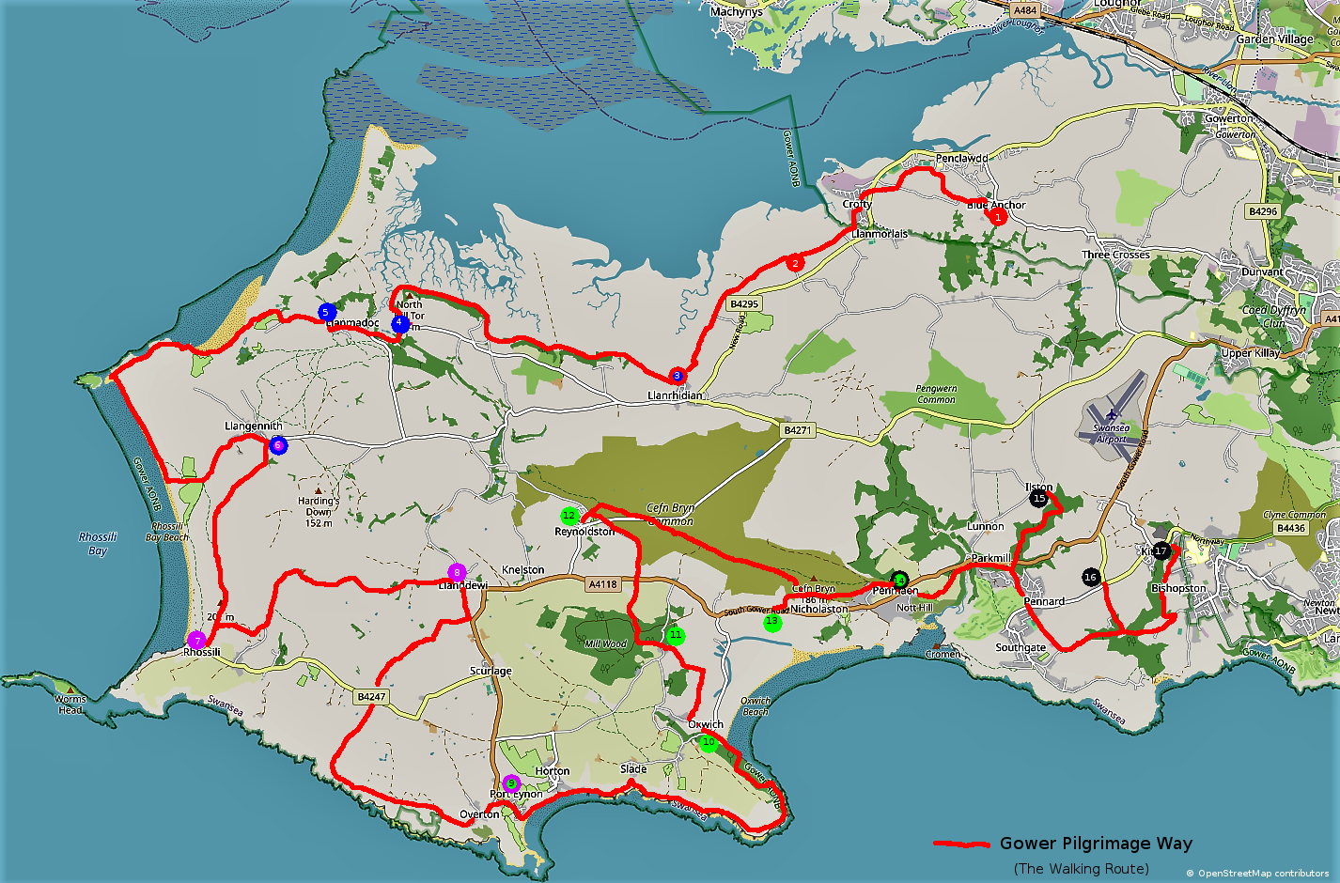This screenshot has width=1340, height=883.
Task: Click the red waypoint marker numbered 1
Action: [x=997, y=217]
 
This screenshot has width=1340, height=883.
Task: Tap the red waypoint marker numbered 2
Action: [x=795, y=264]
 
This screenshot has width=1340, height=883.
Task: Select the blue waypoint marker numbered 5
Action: [x=326, y=312]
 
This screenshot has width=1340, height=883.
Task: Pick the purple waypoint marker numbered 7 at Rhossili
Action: [x=196, y=641]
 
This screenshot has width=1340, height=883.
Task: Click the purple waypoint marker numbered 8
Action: [x=457, y=572]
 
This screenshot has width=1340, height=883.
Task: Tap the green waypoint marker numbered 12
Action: [x=569, y=516]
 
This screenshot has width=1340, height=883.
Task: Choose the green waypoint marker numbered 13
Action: [x=771, y=622]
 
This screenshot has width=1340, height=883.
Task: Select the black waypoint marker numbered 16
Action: [x=1090, y=577]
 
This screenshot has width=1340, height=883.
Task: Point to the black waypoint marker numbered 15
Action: [x=1038, y=499]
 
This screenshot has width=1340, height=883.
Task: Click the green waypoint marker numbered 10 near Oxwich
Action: [x=709, y=743]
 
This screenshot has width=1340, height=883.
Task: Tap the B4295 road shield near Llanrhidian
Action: [x=743, y=304]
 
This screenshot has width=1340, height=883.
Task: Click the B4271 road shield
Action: [x=797, y=430]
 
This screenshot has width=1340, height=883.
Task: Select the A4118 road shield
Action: [x=602, y=584]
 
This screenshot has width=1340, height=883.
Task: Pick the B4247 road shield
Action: [x=371, y=697]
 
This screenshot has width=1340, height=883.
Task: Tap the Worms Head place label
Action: [x=70, y=705]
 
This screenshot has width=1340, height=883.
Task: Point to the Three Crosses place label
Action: [x=1115, y=255]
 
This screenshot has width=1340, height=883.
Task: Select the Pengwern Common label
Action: [x=936, y=394]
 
